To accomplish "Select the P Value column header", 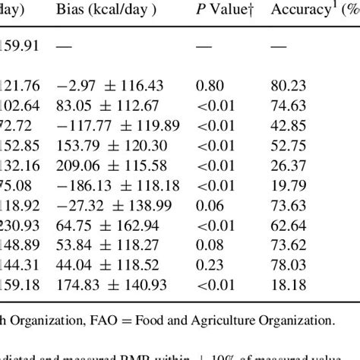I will (223, 13).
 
